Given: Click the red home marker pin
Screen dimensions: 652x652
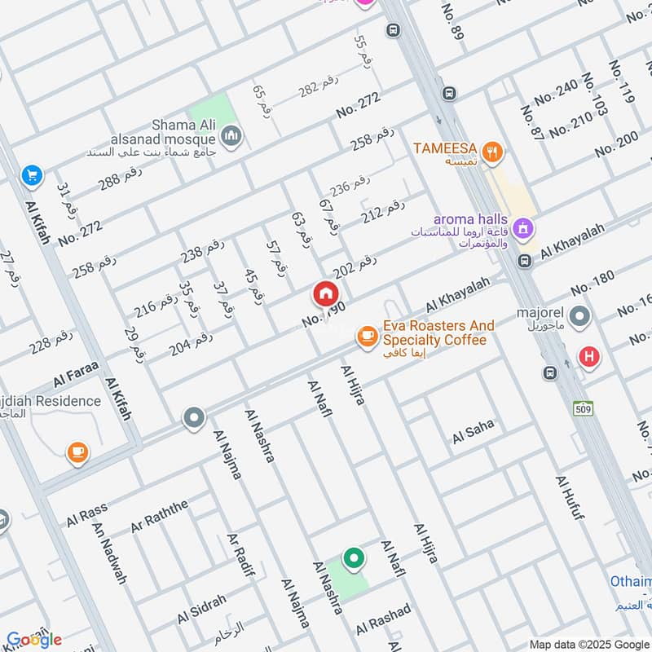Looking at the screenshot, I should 325,294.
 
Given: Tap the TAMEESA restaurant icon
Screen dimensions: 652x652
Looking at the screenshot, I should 491,150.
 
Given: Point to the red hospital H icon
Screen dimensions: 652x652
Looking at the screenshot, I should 588,355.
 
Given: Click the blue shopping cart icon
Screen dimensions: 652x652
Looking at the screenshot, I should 32,175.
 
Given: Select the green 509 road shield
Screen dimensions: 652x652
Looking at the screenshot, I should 582,409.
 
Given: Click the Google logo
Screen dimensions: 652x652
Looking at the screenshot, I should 33,638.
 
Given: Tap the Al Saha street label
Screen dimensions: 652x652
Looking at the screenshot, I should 474,432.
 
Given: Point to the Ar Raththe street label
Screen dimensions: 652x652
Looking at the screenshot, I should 158,513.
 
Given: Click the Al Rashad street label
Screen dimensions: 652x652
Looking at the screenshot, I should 383,620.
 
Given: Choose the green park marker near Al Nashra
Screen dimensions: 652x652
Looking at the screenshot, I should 353,558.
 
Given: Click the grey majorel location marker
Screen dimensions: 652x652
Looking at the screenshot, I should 579,315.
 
